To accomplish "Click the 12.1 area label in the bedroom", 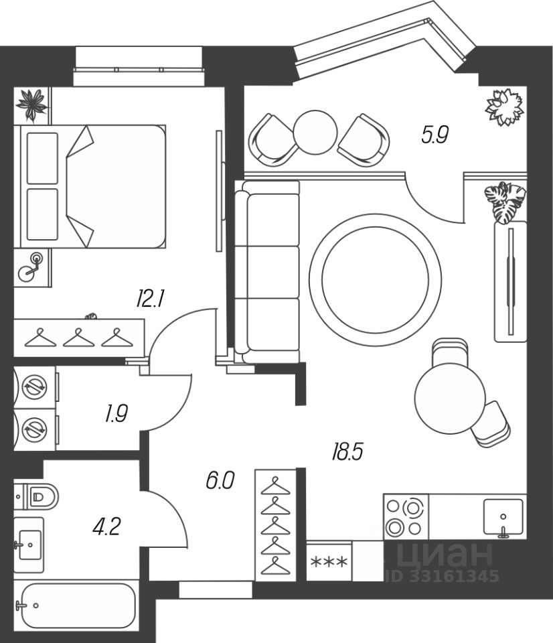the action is (151, 299).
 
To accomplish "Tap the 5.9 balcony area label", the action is (435, 135).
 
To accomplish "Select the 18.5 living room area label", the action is (347, 451).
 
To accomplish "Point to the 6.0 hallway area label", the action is (220, 480).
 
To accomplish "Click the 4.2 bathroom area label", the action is (106, 526).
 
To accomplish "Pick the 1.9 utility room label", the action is (116, 413).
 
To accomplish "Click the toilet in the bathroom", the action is (36, 496).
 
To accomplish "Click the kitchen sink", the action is (503, 517).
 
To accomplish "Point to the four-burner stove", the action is (406, 516).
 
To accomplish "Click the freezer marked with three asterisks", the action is (329, 562).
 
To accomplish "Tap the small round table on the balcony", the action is (315, 132).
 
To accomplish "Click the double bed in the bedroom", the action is (90, 187).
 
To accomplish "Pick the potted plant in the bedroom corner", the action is (32, 104).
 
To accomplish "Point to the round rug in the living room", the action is (376, 279).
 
